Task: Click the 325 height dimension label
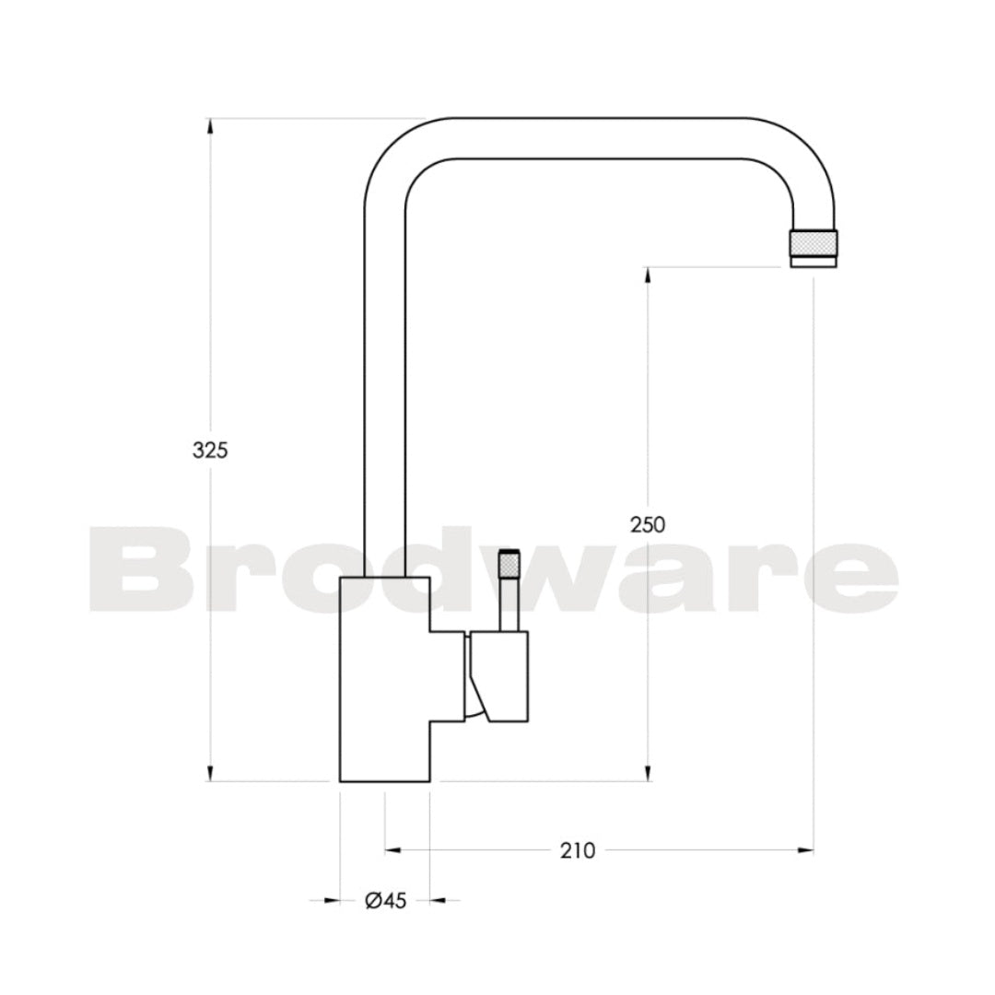209,451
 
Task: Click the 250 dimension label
648,524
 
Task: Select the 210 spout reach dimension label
578,850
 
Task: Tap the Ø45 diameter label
385,901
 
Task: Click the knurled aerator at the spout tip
814,242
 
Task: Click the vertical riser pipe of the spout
384,387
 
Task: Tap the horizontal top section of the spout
599,138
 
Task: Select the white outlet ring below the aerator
814,262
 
